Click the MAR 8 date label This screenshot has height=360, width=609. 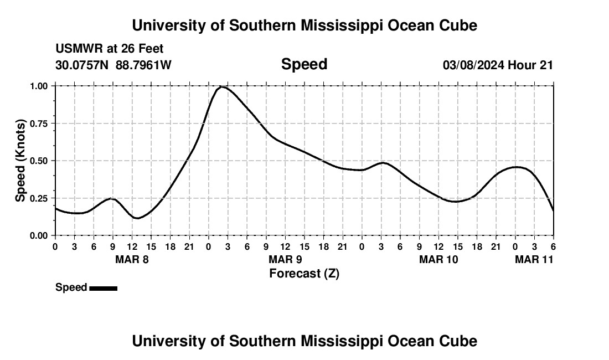(x=132, y=259)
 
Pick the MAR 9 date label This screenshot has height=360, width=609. (x=285, y=259)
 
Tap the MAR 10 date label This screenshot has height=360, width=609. (x=438, y=259)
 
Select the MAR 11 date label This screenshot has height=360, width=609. (x=534, y=259)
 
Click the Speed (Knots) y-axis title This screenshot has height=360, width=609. (x=20, y=160)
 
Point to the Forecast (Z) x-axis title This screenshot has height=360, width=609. (x=304, y=273)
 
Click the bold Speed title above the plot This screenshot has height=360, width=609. (x=304, y=64)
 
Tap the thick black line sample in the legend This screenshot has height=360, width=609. (x=103, y=288)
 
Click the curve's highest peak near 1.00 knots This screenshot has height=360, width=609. (x=221, y=87)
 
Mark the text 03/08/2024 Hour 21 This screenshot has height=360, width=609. (x=498, y=65)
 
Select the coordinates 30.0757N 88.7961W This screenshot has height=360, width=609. (x=113, y=65)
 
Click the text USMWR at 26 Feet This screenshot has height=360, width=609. (x=109, y=49)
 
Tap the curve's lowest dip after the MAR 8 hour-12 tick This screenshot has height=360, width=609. (x=137, y=218)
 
